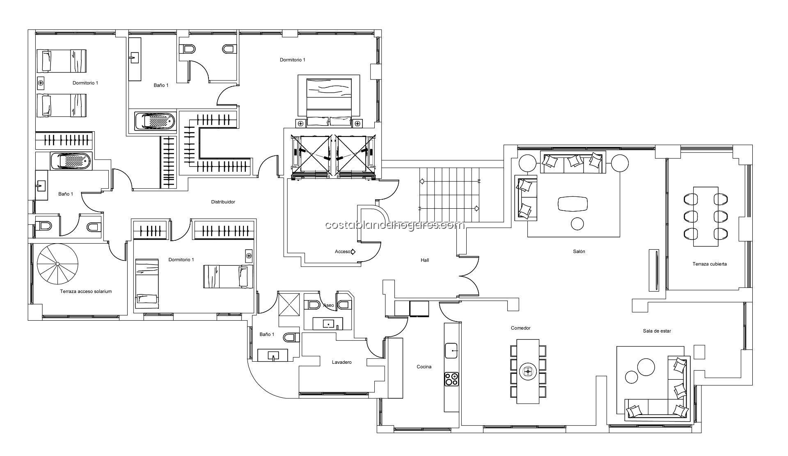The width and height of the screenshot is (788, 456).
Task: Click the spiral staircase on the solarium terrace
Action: [57, 264]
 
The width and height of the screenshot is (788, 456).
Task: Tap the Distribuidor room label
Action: [223, 202]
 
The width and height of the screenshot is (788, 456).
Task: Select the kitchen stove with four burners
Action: [452, 378]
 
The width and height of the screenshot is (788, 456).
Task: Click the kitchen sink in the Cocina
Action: [452, 351]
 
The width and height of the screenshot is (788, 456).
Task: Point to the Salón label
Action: [579, 251]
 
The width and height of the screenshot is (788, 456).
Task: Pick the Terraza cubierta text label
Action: [710, 264]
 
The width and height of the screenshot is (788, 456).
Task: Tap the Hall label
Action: [425, 260]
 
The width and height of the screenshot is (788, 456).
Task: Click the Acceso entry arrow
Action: [353, 251]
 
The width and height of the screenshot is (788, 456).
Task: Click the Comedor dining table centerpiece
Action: [528, 372]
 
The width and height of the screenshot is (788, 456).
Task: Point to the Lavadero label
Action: [341, 362]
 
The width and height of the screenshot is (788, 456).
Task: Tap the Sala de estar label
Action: [657, 331]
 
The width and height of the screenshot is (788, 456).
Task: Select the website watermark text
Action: [394, 225]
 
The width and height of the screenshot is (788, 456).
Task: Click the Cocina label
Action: [424, 367]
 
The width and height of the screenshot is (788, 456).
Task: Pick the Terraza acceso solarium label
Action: [86, 292]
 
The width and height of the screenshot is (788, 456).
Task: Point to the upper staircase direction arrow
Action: [450, 180]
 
